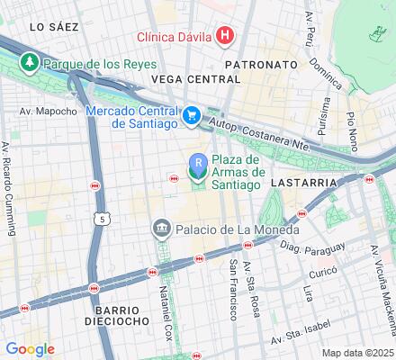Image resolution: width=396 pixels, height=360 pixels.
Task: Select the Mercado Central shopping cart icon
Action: click(191, 115)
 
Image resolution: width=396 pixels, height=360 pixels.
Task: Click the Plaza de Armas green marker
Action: click(198, 164)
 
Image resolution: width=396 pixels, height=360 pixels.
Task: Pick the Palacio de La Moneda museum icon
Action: click(162, 229)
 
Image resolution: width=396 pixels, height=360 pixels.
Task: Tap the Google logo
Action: click(30, 349)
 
